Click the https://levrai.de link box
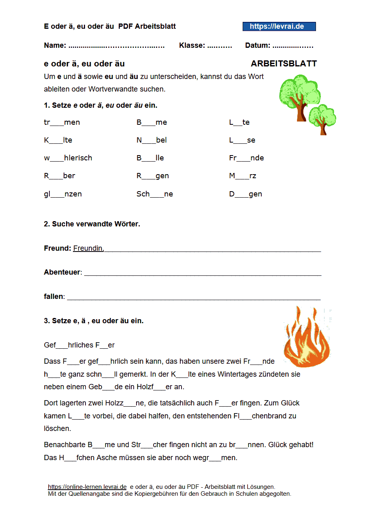[279, 26]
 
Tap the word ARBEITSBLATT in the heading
[284, 64]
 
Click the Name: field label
[55, 45]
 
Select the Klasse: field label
[192, 45]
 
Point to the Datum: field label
[258, 45]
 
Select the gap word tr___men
[62, 122]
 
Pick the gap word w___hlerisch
[68, 158]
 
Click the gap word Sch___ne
[155, 194]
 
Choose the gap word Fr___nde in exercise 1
[246, 158]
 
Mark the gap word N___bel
[152, 140]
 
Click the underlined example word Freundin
[88, 248]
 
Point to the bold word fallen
[53, 296]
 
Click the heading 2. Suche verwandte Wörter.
[92, 224]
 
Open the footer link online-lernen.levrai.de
[87, 487]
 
